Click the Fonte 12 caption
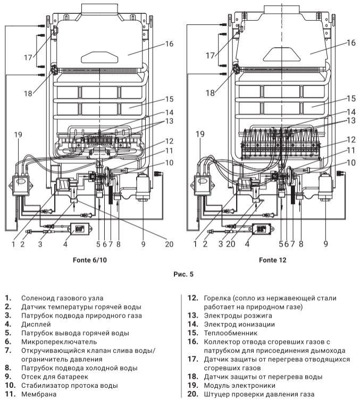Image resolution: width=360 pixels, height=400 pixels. click(x=272, y=260)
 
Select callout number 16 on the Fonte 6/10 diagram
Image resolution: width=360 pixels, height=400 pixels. click(x=169, y=44)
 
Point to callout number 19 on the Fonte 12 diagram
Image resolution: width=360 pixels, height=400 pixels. click(x=201, y=134)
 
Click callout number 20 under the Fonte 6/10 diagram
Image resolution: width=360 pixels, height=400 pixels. click(x=169, y=244)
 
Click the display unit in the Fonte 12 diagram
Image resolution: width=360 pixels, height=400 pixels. click(x=261, y=229)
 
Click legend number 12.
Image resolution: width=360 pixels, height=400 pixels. click(x=194, y=298)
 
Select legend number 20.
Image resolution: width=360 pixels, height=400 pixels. click(x=194, y=394)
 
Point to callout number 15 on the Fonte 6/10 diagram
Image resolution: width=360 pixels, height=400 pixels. click(x=169, y=99)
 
